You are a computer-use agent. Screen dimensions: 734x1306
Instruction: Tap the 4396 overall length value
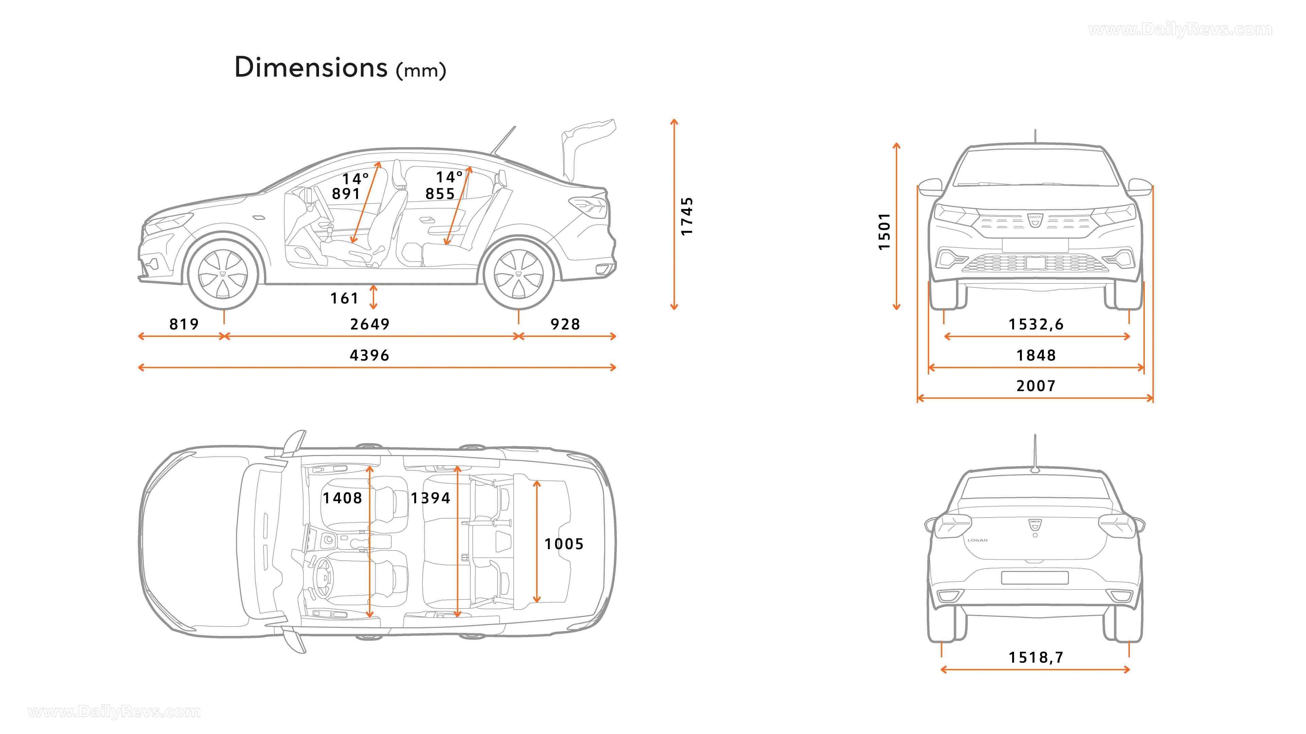(370, 355)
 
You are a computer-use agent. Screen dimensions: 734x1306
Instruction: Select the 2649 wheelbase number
(370, 324)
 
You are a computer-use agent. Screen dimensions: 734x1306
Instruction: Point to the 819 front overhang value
(184, 324)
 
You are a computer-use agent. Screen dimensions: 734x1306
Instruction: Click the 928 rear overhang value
(565, 324)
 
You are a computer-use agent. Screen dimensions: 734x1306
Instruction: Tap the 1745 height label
(686, 216)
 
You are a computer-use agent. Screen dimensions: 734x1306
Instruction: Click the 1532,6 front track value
(1036, 324)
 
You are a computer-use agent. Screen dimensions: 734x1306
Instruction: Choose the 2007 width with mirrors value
(1036, 386)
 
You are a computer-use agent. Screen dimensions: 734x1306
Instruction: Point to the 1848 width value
(1036, 355)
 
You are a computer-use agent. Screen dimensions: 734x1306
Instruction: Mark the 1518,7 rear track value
(1036, 658)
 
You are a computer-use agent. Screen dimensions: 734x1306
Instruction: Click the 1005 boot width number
(564, 544)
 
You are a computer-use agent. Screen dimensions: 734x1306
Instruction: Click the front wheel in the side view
(223, 275)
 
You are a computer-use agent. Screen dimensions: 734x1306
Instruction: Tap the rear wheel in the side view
(518, 275)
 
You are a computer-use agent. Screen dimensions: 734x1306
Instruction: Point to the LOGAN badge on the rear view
(977, 540)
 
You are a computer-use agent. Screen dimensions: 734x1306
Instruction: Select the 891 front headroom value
(346, 193)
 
